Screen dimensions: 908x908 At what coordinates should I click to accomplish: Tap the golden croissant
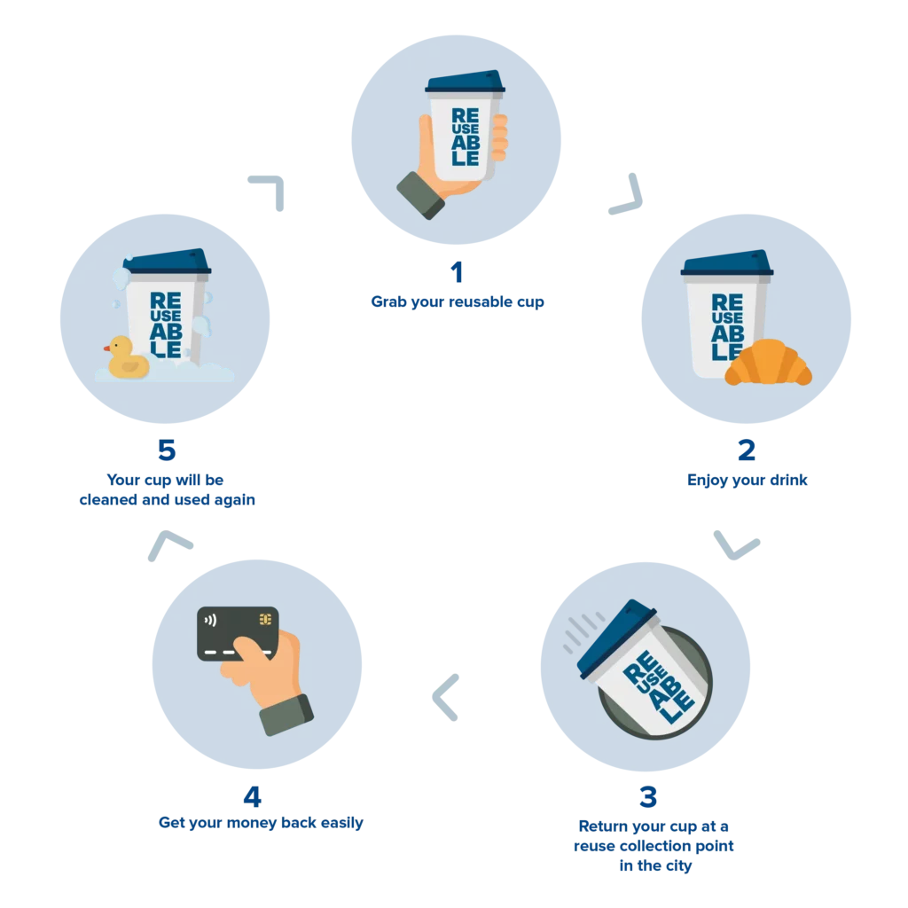(768, 364)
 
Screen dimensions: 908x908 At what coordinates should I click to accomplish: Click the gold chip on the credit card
(265, 618)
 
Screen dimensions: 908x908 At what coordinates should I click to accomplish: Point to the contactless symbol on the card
(209, 620)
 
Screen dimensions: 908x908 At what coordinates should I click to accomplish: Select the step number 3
(649, 795)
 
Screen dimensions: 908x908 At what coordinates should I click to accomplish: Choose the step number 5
(166, 450)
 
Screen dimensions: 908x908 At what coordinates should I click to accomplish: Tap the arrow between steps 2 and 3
(737, 545)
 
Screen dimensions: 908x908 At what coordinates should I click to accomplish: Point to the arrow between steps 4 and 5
(168, 542)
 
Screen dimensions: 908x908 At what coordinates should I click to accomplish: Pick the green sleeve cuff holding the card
(287, 713)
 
